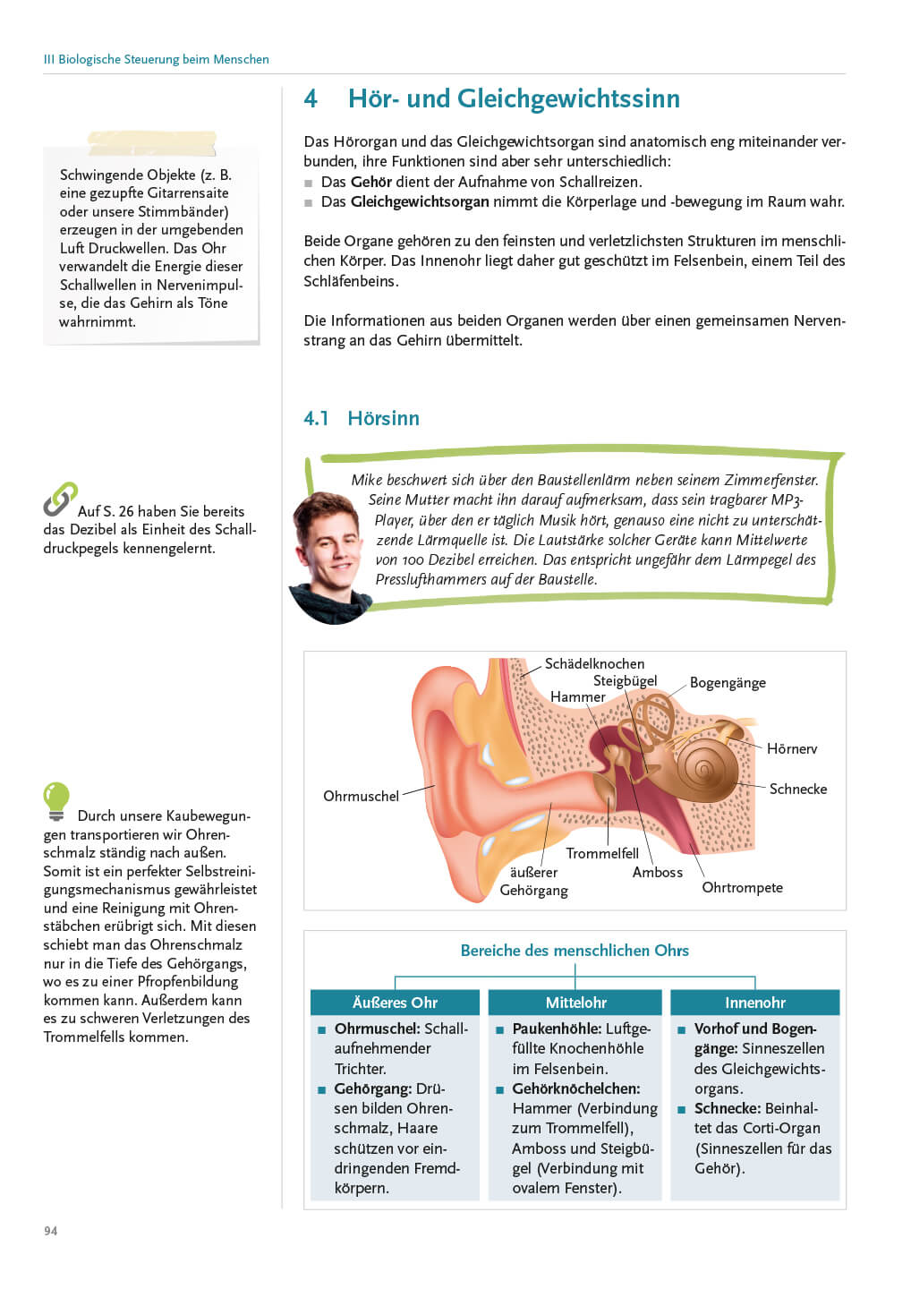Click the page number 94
click(x=51, y=1231)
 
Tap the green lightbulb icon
click(x=56, y=800)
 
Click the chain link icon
click(x=60, y=499)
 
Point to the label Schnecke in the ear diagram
click(x=797, y=789)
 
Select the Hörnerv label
click(x=791, y=748)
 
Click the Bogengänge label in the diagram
click(x=728, y=683)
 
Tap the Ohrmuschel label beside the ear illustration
click(x=361, y=796)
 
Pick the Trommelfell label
click(x=602, y=853)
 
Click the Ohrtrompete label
click(x=742, y=887)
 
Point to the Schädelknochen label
click(x=594, y=663)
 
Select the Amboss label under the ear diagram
click(x=657, y=872)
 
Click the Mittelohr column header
click(x=575, y=1003)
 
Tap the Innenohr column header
click(x=754, y=1003)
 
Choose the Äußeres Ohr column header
click(x=395, y=1003)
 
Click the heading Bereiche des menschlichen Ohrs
click(x=575, y=951)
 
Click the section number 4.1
click(x=316, y=418)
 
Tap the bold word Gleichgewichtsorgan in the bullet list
click(x=420, y=201)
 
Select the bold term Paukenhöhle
click(x=555, y=1029)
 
